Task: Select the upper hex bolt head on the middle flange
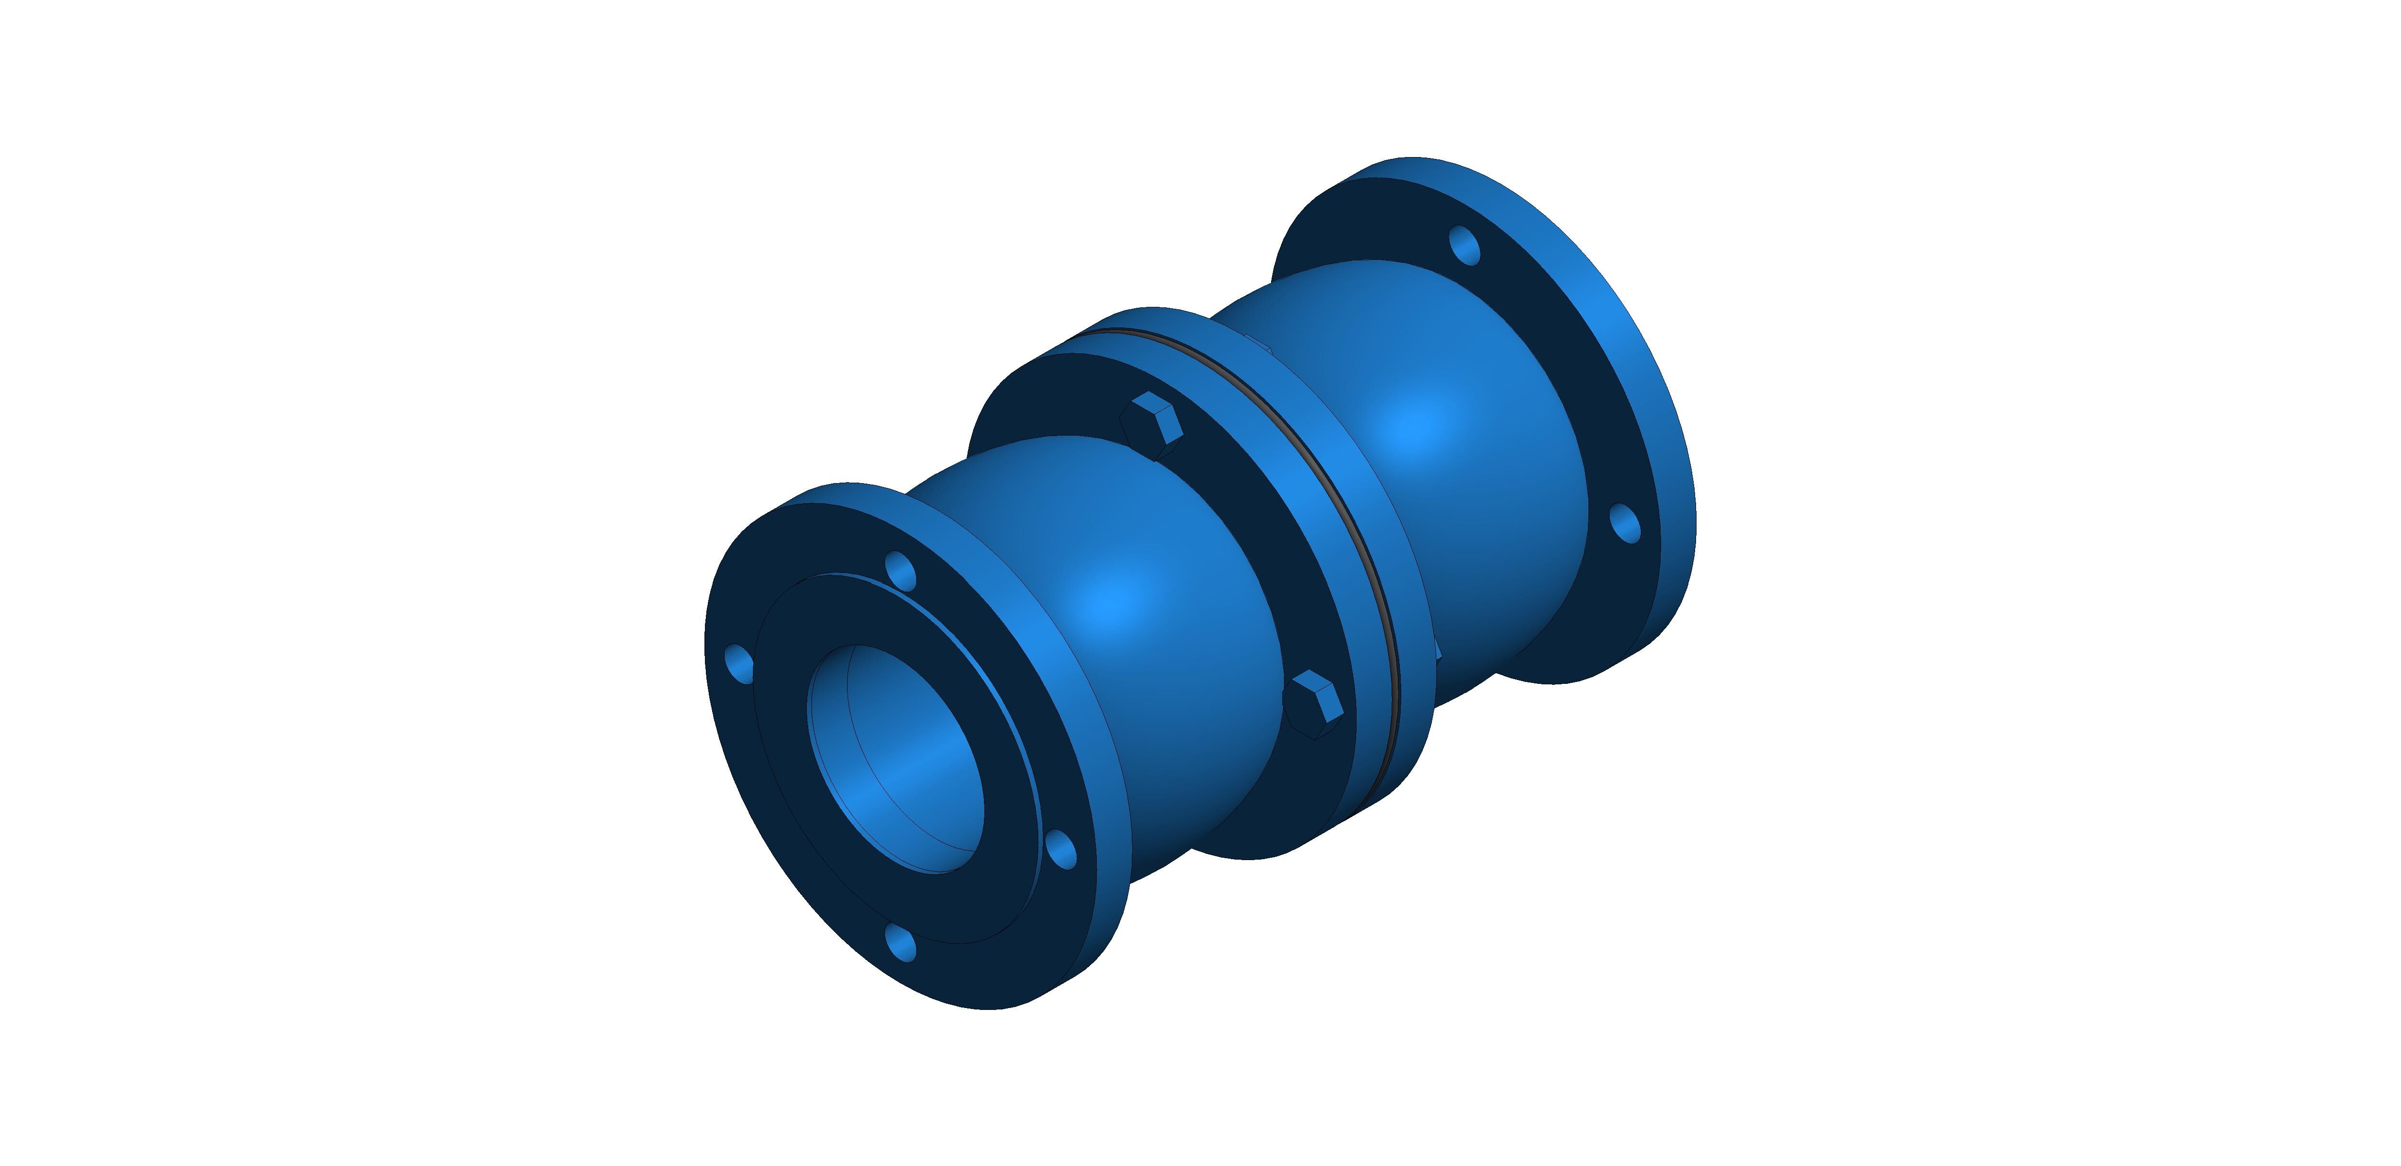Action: pos(1152,424)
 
